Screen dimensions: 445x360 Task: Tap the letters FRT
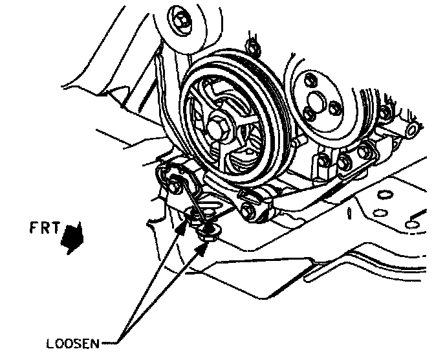[45, 227]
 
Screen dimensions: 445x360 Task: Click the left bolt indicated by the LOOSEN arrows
[192, 216]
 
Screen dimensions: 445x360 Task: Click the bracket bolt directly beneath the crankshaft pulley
[247, 209]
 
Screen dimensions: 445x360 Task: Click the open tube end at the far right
[410, 132]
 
